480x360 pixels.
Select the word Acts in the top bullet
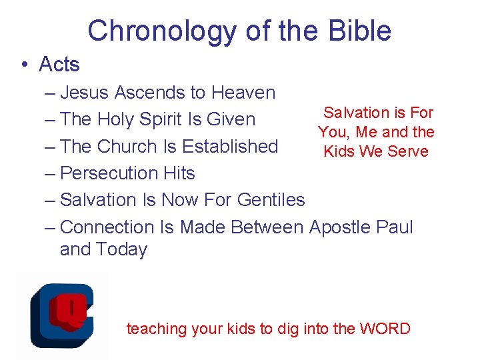59,65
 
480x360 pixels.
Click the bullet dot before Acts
24,65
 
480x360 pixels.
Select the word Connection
108,227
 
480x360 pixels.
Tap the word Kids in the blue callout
339,151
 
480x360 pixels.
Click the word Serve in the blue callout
407,151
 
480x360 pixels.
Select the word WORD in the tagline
385,329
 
